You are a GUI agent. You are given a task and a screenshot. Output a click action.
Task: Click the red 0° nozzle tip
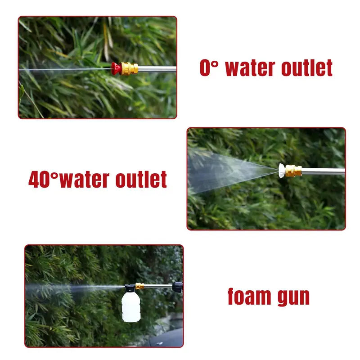(116, 68)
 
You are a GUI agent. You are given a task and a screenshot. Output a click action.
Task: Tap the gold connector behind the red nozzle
(129, 68)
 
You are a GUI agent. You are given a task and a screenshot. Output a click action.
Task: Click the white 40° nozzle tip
(282, 170)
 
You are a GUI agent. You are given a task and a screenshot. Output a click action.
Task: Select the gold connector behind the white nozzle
(293, 171)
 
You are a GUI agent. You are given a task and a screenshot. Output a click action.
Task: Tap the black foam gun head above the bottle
(130, 287)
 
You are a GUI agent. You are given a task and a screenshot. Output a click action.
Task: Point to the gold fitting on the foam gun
(140, 286)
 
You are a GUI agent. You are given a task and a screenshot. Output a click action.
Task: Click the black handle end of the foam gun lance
(178, 286)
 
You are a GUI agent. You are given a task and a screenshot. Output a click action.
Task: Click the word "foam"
(249, 297)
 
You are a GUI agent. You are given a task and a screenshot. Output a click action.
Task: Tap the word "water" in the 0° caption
(250, 68)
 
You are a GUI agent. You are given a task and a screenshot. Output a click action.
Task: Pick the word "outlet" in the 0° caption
(307, 68)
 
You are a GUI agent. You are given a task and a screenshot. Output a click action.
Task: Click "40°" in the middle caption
(43, 180)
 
